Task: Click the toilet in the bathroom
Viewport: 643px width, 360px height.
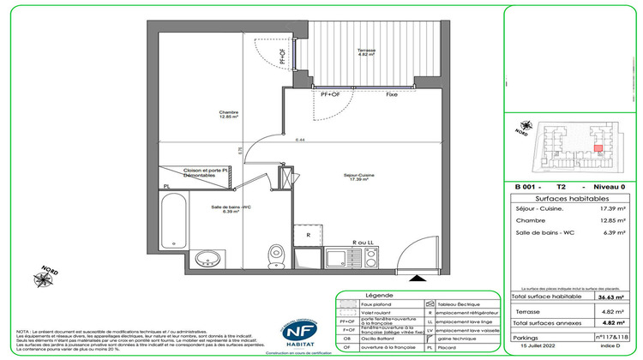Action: click(x=277, y=254)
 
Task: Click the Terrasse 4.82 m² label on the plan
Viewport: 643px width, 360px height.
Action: click(x=368, y=52)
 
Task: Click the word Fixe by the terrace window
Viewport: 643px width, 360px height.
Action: click(x=391, y=94)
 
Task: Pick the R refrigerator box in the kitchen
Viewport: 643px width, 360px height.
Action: click(x=307, y=233)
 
